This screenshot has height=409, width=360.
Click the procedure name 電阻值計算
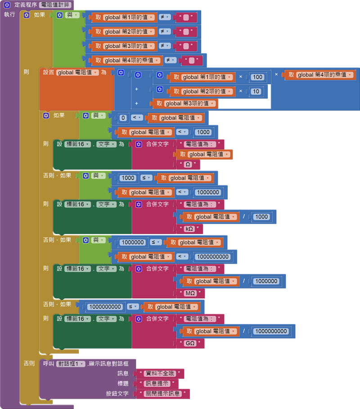[x=54, y=4]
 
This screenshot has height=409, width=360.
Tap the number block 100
[x=257, y=77]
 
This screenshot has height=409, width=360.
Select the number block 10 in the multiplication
[x=256, y=91]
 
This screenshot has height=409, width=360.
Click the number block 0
[x=123, y=118]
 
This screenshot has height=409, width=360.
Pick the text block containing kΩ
[x=189, y=229]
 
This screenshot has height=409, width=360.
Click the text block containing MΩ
[x=190, y=293]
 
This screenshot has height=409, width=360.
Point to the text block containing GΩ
[x=190, y=343]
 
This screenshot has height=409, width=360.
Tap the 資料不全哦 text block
[x=161, y=373]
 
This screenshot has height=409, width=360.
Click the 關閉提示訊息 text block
[x=163, y=394]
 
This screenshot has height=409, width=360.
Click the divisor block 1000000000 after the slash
[x=271, y=331]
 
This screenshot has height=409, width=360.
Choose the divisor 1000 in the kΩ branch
[x=261, y=216]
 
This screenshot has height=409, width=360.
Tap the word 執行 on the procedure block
[x=9, y=14]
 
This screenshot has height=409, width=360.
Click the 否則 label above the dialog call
[x=29, y=363]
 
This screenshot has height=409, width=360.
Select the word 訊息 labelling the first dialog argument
[x=123, y=373]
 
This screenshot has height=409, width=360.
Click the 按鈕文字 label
[x=117, y=394]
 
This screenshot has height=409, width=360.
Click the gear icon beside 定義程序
[x=7, y=4]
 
